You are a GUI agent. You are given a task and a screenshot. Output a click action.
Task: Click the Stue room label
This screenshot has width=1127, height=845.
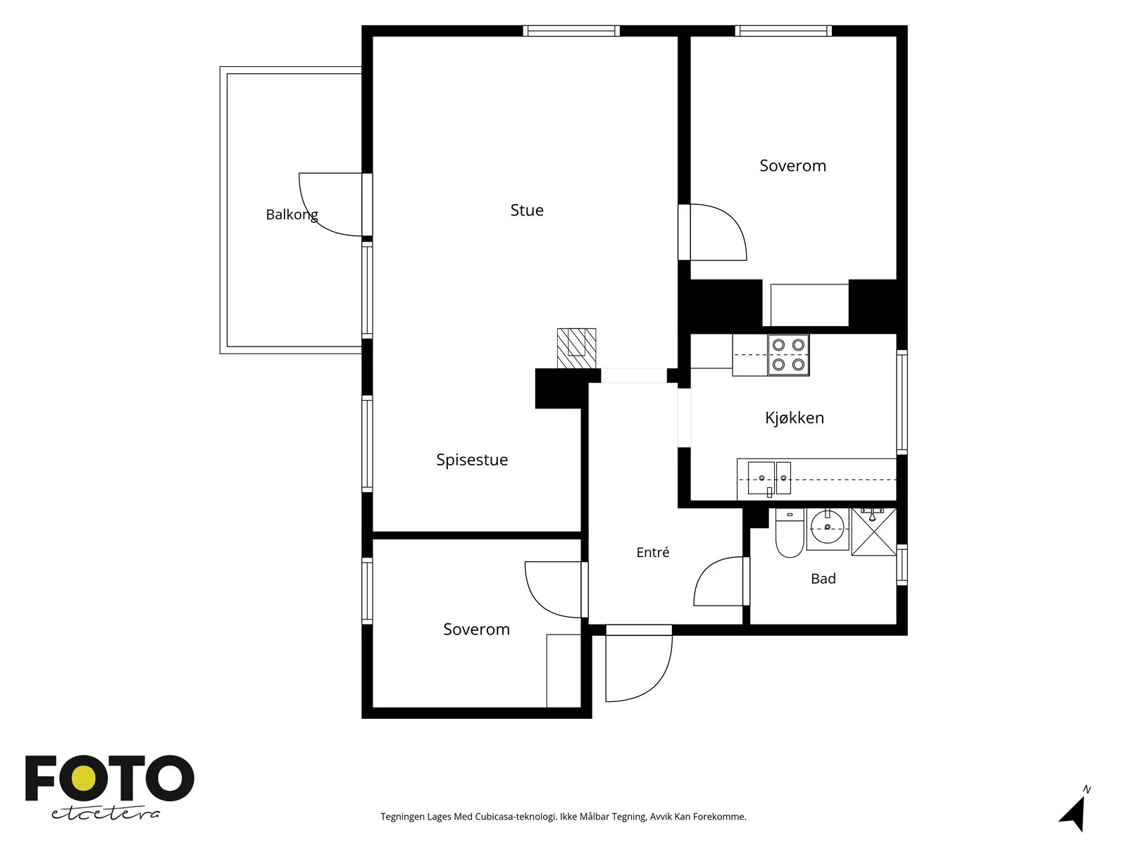pos(526,210)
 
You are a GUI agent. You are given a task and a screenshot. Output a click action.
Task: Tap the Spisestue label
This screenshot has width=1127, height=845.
pos(472,460)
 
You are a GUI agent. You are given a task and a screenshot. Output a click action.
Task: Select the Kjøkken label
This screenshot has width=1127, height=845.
pos(795,418)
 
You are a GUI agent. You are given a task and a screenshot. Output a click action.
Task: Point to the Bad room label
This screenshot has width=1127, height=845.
pos(823,579)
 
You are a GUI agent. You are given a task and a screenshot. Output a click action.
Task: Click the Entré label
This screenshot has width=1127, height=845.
pos(652,552)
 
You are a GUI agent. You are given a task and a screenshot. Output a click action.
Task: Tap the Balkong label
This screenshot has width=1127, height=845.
pos(292,215)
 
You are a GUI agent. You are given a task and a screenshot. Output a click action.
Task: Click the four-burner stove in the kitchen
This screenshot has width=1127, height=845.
pos(788,354)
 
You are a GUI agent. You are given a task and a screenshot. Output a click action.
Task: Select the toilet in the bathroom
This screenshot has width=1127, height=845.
pos(789,533)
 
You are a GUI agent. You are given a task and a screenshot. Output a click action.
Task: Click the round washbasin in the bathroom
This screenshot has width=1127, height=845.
pos(827,529)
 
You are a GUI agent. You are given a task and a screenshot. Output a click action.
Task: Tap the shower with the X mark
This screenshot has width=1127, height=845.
pos(873,532)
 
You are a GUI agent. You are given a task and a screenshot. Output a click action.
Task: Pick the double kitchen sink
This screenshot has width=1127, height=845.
pos(768,478)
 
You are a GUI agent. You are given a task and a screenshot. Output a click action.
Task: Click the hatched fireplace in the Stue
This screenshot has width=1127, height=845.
pos(576,348)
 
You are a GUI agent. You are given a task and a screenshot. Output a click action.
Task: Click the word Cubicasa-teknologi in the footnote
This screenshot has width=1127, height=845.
pos(516,816)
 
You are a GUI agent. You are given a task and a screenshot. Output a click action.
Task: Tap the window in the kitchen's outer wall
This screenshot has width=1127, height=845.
pos(902,401)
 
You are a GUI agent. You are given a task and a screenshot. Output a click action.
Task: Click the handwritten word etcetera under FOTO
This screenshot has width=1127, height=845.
pos(105,814)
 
